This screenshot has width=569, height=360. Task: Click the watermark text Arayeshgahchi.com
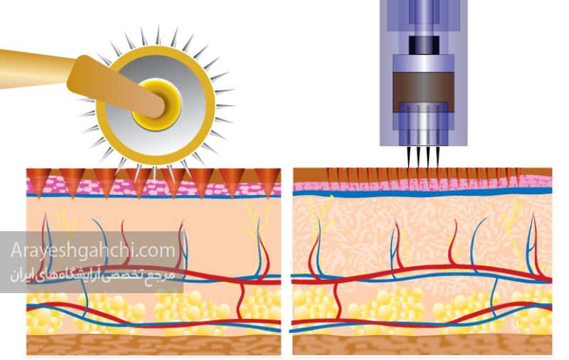93,250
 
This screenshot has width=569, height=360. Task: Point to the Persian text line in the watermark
92,275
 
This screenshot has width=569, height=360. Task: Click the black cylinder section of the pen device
424,44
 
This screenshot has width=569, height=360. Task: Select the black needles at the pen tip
423,157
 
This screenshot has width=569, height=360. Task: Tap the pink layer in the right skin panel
422,183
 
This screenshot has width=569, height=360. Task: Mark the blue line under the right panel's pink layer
422,194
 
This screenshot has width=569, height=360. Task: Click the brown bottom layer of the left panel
154,344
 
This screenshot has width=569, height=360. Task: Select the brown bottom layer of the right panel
422,344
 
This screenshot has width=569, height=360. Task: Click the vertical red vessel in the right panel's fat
336,302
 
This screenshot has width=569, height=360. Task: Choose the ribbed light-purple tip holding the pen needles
423,125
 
